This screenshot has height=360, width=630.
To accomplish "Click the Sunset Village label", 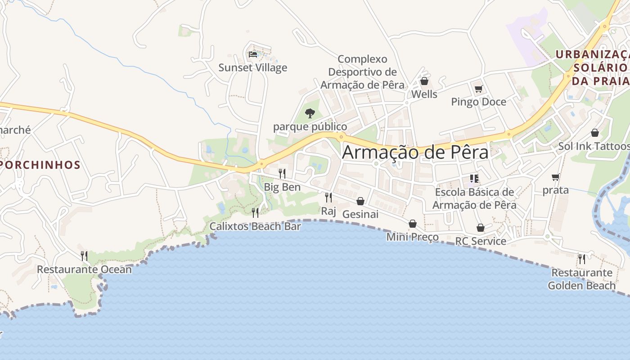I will [x=252, y=68].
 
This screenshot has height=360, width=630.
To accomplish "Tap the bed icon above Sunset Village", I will [x=253, y=54].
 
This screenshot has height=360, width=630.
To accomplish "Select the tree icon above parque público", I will [x=310, y=113].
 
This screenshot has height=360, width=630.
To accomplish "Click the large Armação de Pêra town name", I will [x=415, y=152].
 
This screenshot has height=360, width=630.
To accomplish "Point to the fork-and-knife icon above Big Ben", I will [x=282, y=173].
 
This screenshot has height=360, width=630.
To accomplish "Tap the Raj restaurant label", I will [x=328, y=211].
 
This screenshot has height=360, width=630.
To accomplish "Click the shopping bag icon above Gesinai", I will [x=360, y=201].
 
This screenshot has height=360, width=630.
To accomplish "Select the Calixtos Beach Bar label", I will [x=255, y=226].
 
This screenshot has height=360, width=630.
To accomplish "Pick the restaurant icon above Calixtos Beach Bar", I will [x=255, y=212].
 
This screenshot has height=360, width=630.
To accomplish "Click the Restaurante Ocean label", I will [x=84, y=270].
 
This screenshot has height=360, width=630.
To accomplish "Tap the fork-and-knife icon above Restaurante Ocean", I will [x=84, y=256].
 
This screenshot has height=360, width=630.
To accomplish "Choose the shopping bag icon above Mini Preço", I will [x=413, y=224].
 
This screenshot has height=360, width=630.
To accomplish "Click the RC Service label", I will [x=481, y=241].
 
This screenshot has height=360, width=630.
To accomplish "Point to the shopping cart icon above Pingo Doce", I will [x=478, y=89].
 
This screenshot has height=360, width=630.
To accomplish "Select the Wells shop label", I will [x=424, y=94].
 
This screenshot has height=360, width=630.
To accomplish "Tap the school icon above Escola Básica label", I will [x=474, y=179].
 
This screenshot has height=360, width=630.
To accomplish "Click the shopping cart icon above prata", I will [x=555, y=177].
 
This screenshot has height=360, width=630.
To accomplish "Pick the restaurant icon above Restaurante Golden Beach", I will [x=582, y=259].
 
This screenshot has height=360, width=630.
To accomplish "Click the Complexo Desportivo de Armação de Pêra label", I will [x=362, y=72].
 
